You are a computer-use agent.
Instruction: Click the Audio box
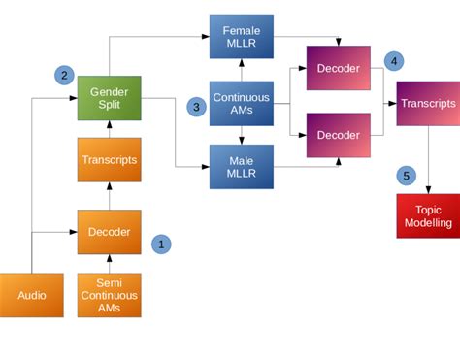coord(31,295)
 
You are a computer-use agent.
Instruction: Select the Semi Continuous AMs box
coord(110,295)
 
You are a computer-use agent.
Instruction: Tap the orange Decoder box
coord(110,232)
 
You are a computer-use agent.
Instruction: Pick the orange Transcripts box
coord(110,159)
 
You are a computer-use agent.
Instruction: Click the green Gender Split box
coord(110,97)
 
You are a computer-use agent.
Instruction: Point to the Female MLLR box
coord(241,37)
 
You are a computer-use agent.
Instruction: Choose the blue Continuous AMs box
coord(241,104)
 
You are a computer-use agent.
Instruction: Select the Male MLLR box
coord(241,166)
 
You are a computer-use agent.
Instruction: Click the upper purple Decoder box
coord(338,68)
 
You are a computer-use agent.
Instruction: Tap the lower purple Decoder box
coord(338,134)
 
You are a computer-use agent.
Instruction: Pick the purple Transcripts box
coord(428,104)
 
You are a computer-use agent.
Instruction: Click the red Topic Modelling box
coord(428,215)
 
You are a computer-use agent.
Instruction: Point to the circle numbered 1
coord(161,245)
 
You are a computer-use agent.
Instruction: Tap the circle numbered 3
coord(195,107)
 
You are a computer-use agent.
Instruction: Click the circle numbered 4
coord(393,60)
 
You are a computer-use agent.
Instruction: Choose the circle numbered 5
coord(406,176)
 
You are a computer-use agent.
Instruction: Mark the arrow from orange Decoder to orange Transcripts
coord(110,196)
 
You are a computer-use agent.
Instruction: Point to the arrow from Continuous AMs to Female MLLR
coord(241,70)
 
